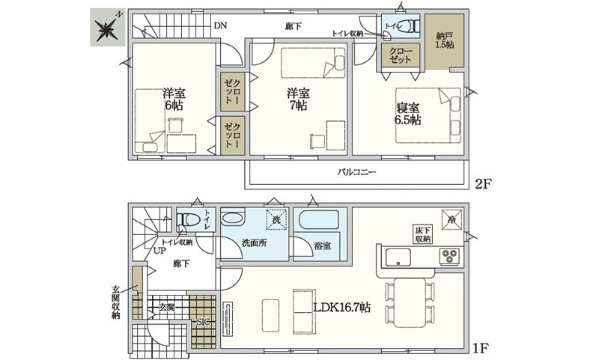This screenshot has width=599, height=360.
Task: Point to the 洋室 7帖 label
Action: [x=298, y=100]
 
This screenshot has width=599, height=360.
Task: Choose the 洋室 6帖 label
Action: [x=174, y=100]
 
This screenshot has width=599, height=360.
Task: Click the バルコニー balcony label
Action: [x=356, y=172]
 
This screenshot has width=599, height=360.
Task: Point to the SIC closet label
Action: [x=202, y=322]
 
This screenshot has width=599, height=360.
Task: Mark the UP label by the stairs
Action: [x=159, y=251]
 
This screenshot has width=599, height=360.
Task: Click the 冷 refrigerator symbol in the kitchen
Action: [x=451, y=219]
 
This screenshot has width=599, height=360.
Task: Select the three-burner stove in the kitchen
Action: [x=450, y=256]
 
